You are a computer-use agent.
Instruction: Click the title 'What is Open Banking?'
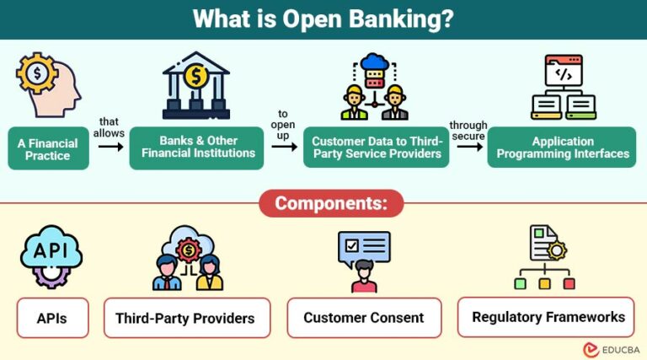[323, 19]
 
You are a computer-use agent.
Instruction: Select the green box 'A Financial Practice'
[50, 148]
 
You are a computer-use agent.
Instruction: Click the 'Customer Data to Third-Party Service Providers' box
[376, 148]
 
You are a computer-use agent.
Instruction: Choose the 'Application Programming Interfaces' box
[562, 148]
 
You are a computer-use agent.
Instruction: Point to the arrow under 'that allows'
[110, 146]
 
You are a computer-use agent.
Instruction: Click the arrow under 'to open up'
[284, 146]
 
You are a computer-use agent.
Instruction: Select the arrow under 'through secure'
[468, 146]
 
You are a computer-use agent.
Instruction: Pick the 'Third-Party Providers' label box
[187, 319]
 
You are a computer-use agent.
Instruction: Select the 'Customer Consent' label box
[364, 319]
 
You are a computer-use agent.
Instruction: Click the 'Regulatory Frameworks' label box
[548, 317]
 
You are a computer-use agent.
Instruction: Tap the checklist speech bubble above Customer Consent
[364, 246]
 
